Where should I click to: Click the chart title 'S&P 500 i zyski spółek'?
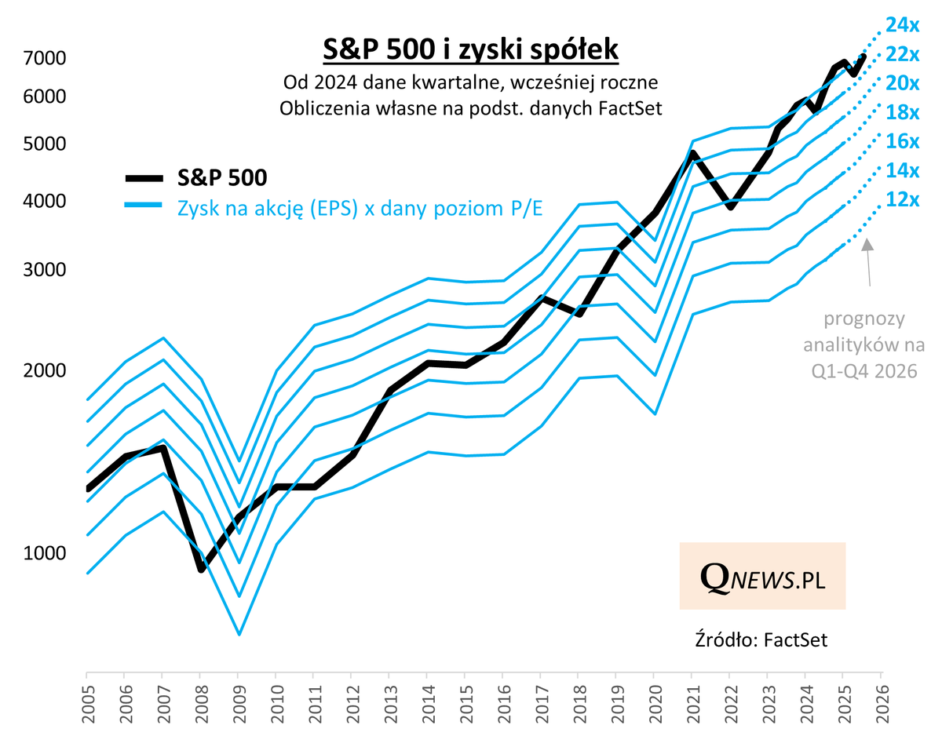point(471,50)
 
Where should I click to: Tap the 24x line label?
point(902,25)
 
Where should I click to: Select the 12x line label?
point(902,199)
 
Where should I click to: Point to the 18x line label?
point(902,112)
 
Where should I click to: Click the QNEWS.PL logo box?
point(761,576)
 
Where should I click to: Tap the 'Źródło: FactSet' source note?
point(761,639)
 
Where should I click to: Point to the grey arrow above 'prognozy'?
point(868,263)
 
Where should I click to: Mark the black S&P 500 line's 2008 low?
point(201,567)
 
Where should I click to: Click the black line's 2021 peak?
point(693,153)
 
